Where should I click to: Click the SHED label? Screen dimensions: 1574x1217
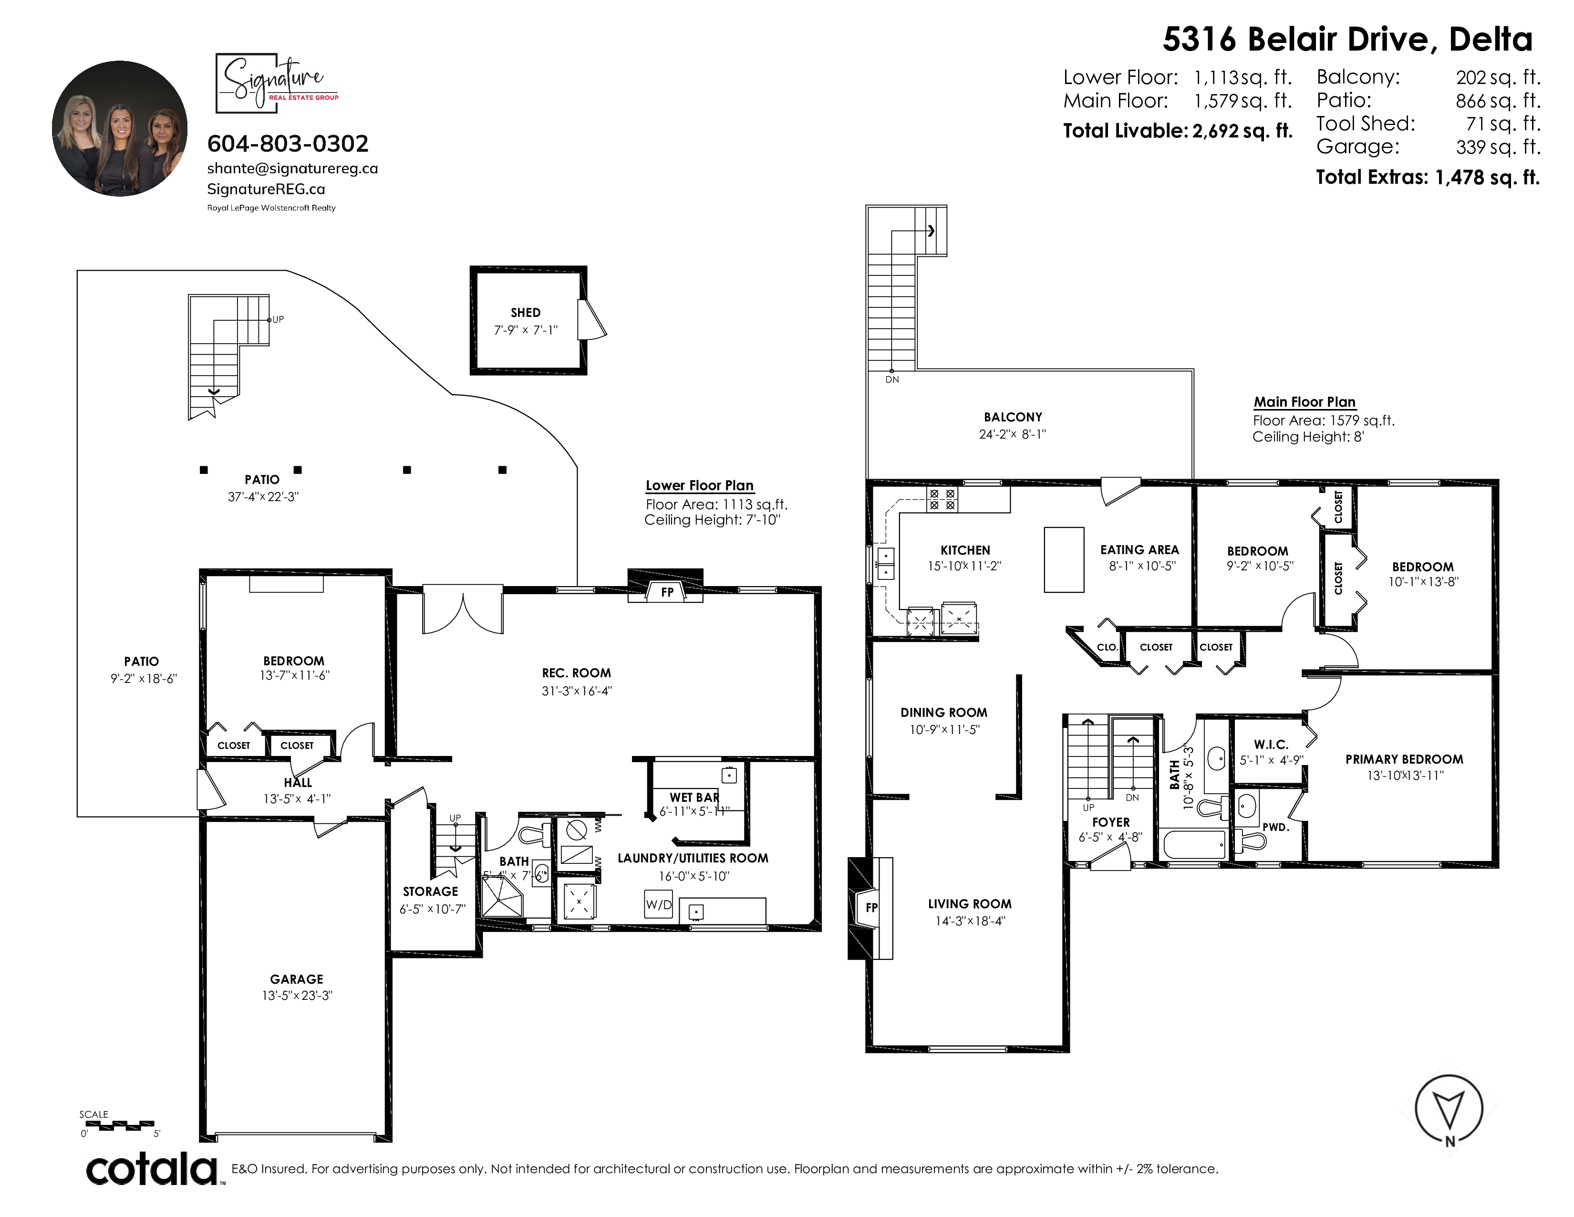coord(526,312)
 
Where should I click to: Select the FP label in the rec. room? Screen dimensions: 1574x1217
coord(667,592)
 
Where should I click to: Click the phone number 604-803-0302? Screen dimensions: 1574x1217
coord(288,144)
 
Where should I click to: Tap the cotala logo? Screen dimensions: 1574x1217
coord(153,1169)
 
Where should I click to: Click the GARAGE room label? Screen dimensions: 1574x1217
coord(296,978)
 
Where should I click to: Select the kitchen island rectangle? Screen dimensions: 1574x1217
coord(1064,559)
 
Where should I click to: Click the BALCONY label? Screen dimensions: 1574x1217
coord(1013,417)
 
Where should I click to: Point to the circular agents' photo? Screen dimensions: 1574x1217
coord(120,128)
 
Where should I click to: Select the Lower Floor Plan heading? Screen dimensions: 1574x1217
coord(699,485)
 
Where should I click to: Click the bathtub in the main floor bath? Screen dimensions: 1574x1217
coord(1194,843)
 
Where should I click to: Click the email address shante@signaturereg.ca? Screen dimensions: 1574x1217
coord(292,168)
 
